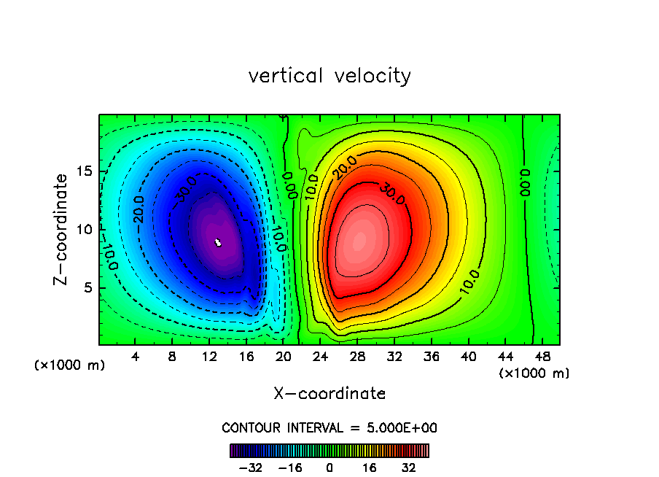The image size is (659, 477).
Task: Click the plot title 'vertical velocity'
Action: coord(329,76)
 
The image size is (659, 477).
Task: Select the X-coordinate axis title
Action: coord(329,394)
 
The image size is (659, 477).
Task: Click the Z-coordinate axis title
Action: coord(63,230)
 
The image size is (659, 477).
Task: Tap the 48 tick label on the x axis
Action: coord(542,357)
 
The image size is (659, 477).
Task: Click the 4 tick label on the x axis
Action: coord(135,357)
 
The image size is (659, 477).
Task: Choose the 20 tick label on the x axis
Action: coord(284,357)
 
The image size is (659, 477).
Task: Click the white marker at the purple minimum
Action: coord(218,242)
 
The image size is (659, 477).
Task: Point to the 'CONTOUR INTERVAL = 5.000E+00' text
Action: coord(329,427)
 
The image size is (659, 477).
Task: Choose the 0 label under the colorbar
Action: coord(329,467)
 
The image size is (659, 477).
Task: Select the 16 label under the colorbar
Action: coord(370,467)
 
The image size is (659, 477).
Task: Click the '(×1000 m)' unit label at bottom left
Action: coord(70,365)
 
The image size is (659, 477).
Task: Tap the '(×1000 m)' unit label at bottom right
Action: coord(534,373)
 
